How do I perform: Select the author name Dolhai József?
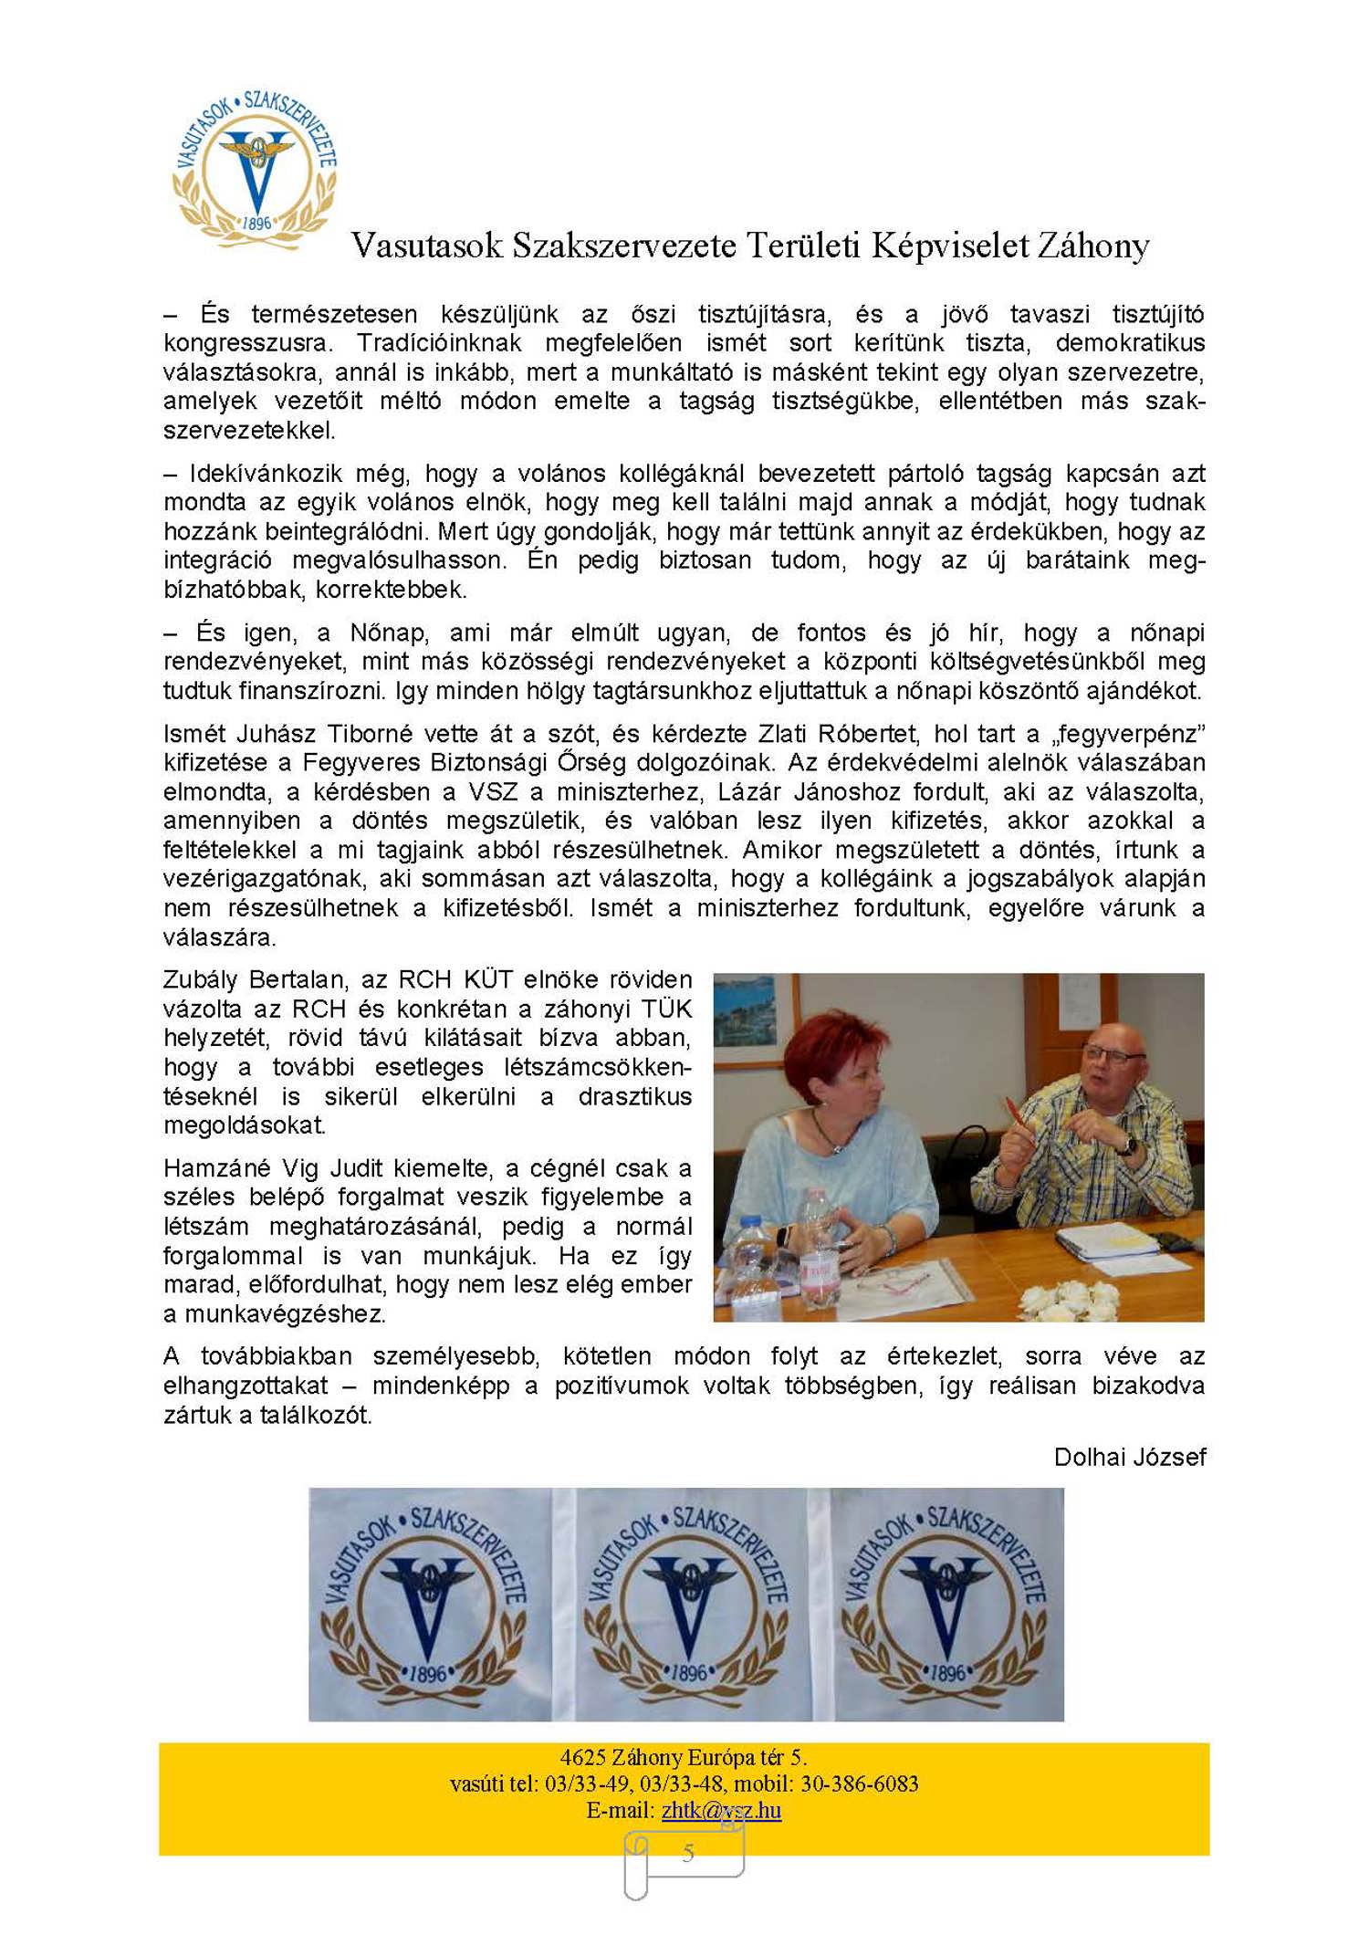(x=1129, y=1457)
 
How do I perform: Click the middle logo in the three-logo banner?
(x=686, y=1604)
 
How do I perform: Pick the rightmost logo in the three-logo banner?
(x=945, y=1604)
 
